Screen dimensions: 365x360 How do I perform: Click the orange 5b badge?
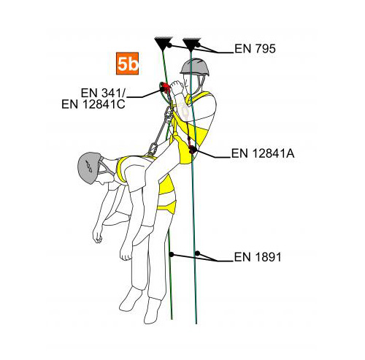point(127,64)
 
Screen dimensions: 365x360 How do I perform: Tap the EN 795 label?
point(255,49)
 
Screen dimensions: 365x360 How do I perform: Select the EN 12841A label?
point(263,153)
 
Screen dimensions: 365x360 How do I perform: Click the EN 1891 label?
point(258,257)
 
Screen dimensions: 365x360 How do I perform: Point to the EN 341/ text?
point(103,93)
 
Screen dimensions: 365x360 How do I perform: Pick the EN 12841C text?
point(93,104)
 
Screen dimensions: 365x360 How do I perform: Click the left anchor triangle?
point(164,43)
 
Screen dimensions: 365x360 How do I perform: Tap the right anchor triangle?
point(191,44)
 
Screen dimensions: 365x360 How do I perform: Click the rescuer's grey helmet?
point(195,66)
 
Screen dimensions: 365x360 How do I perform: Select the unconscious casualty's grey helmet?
point(88,168)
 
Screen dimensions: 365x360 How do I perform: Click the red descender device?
point(166,88)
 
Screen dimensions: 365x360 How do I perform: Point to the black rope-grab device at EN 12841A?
point(193,150)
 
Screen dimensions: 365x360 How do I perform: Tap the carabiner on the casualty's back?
point(152,149)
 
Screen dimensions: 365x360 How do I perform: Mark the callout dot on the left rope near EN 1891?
point(172,255)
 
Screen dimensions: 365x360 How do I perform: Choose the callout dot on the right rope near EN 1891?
point(197,253)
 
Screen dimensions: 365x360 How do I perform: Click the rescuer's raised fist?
point(177,88)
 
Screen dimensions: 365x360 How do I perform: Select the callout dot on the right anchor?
point(198,45)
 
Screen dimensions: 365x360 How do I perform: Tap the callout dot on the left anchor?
point(169,45)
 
